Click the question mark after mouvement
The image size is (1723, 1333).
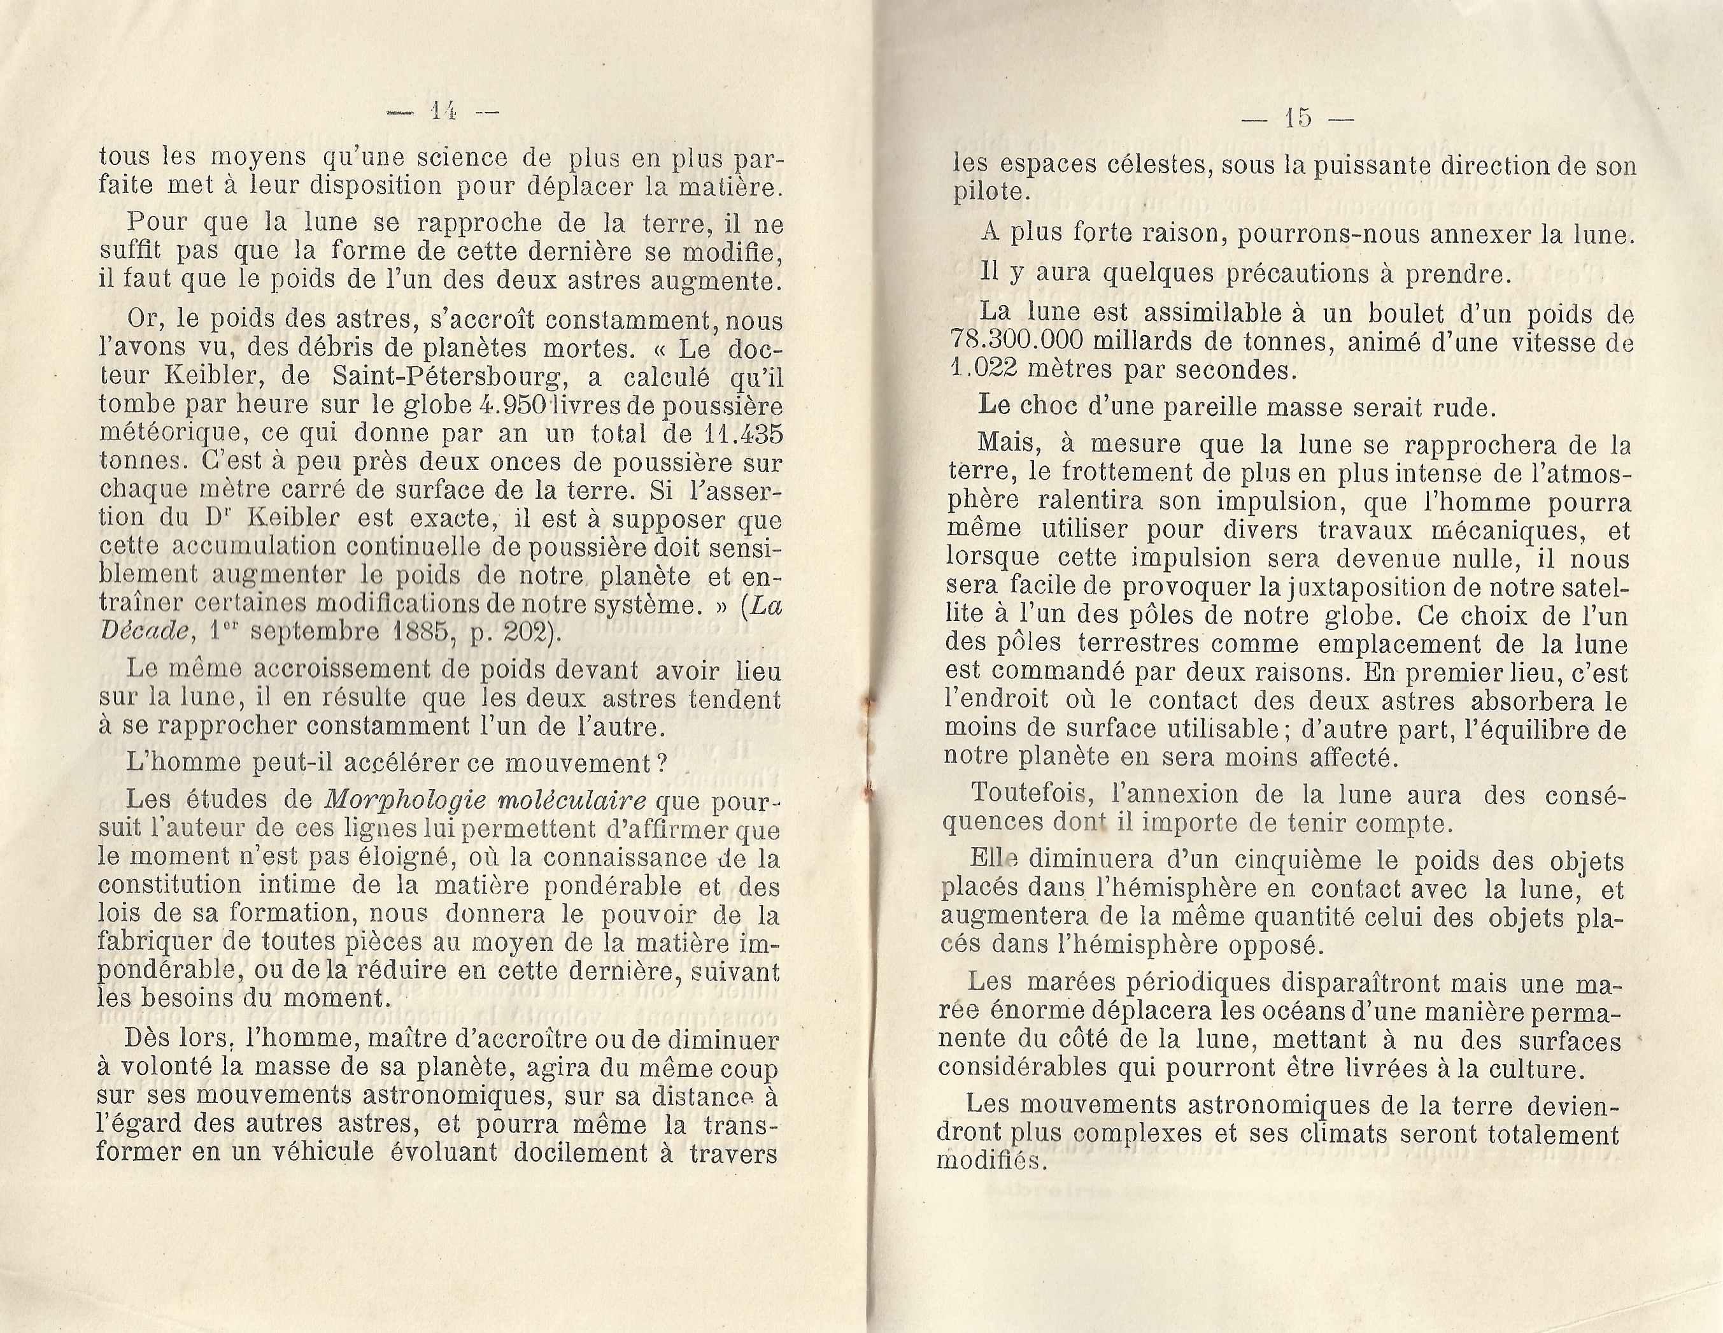coord(663,763)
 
